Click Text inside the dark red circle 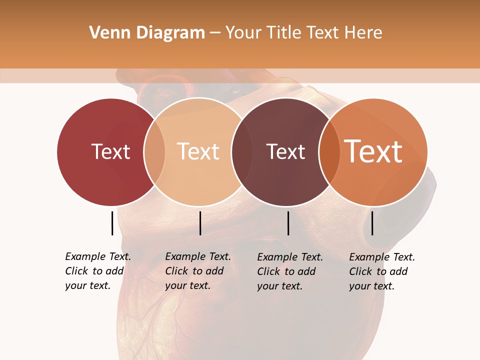(110, 151)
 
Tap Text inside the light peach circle (198, 151)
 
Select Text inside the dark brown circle (285, 151)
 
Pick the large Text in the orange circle (373, 151)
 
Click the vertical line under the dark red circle (112, 223)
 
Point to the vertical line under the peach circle (200, 223)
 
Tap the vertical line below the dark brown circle (288, 223)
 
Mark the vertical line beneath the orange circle (372, 223)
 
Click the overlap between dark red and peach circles (154, 151)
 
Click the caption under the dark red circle (98, 271)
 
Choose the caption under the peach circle (198, 271)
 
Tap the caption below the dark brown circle (290, 271)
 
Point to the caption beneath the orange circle (382, 271)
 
